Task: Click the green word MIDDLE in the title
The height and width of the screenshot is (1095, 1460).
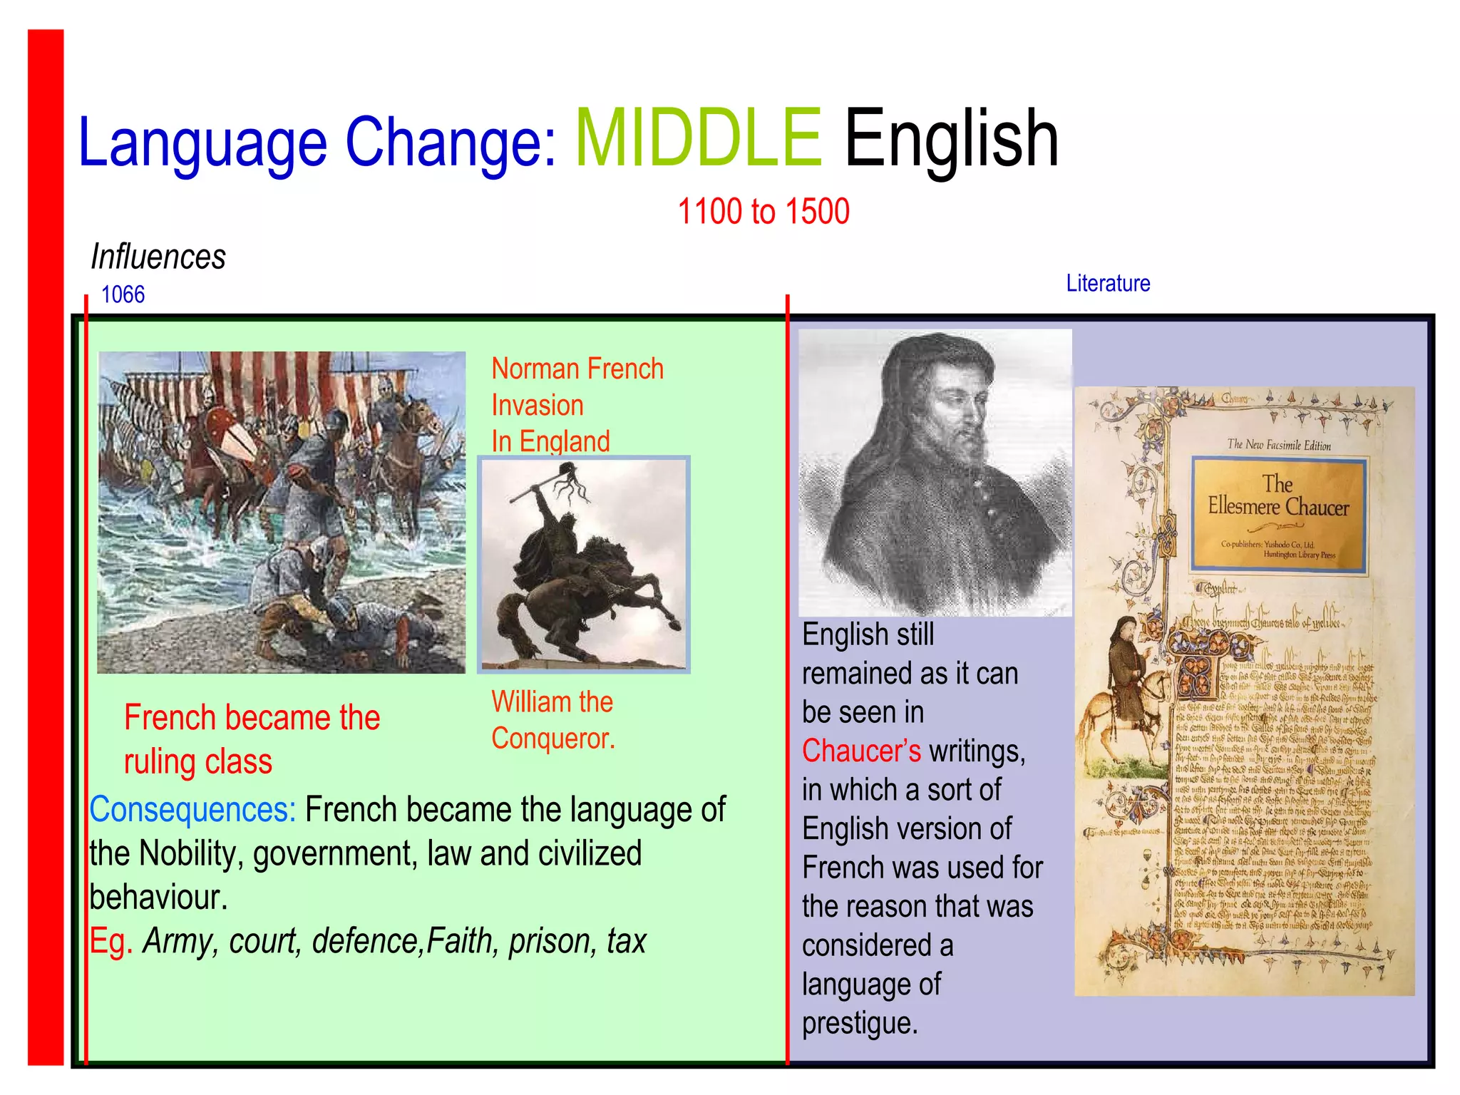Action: (699, 139)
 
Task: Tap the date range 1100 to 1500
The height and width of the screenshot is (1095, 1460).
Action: (763, 212)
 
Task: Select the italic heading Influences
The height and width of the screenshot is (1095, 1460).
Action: (158, 257)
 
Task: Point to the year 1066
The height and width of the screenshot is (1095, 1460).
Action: (123, 294)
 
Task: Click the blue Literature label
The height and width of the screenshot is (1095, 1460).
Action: (1108, 284)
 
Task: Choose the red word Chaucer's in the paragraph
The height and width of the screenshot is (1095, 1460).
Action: (861, 751)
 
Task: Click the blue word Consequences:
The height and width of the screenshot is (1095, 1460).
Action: (192, 810)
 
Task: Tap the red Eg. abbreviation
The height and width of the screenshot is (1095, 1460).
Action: (110, 941)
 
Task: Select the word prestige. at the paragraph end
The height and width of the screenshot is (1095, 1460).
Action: (860, 1024)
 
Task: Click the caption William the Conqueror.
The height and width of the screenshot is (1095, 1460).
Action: (552, 720)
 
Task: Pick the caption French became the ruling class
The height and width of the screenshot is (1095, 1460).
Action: (251, 739)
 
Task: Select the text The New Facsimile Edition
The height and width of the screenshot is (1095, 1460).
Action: (1278, 445)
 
